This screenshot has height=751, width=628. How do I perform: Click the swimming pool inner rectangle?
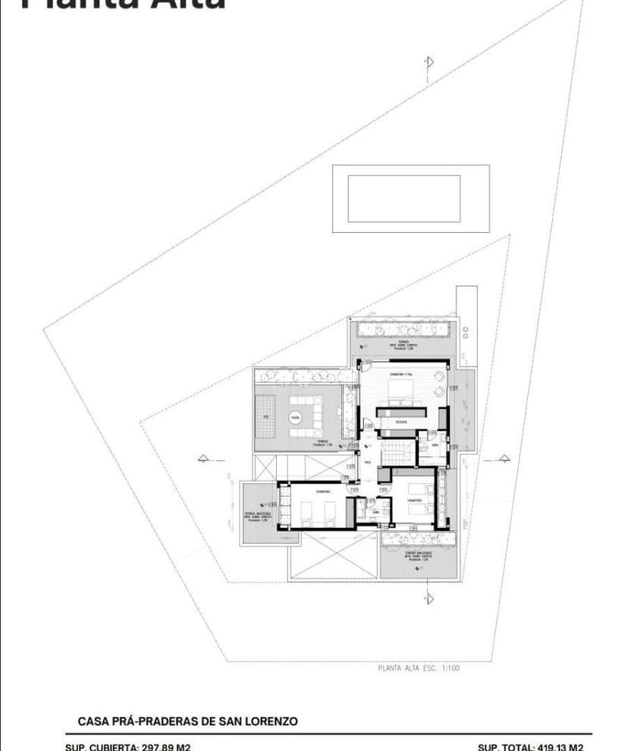(x=403, y=199)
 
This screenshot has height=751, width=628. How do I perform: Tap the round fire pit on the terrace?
(x=296, y=417)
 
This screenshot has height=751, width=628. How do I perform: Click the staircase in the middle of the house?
(x=394, y=453)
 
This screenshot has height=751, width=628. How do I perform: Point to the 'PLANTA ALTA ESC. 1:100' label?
(x=418, y=668)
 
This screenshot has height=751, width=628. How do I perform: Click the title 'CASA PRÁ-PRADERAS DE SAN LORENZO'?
(x=187, y=721)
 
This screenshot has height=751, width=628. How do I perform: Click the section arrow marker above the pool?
(x=429, y=62)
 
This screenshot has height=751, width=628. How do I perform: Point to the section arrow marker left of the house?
(x=203, y=458)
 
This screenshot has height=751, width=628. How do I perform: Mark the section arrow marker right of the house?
(x=504, y=458)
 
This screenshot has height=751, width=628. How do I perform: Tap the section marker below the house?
(x=429, y=597)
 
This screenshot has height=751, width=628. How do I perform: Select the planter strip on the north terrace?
(x=404, y=329)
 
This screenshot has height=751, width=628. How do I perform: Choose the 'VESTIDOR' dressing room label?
(x=401, y=422)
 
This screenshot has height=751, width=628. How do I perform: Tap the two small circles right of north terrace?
(x=465, y=332)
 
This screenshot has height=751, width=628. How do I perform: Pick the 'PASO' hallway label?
(x=368, y=462)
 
